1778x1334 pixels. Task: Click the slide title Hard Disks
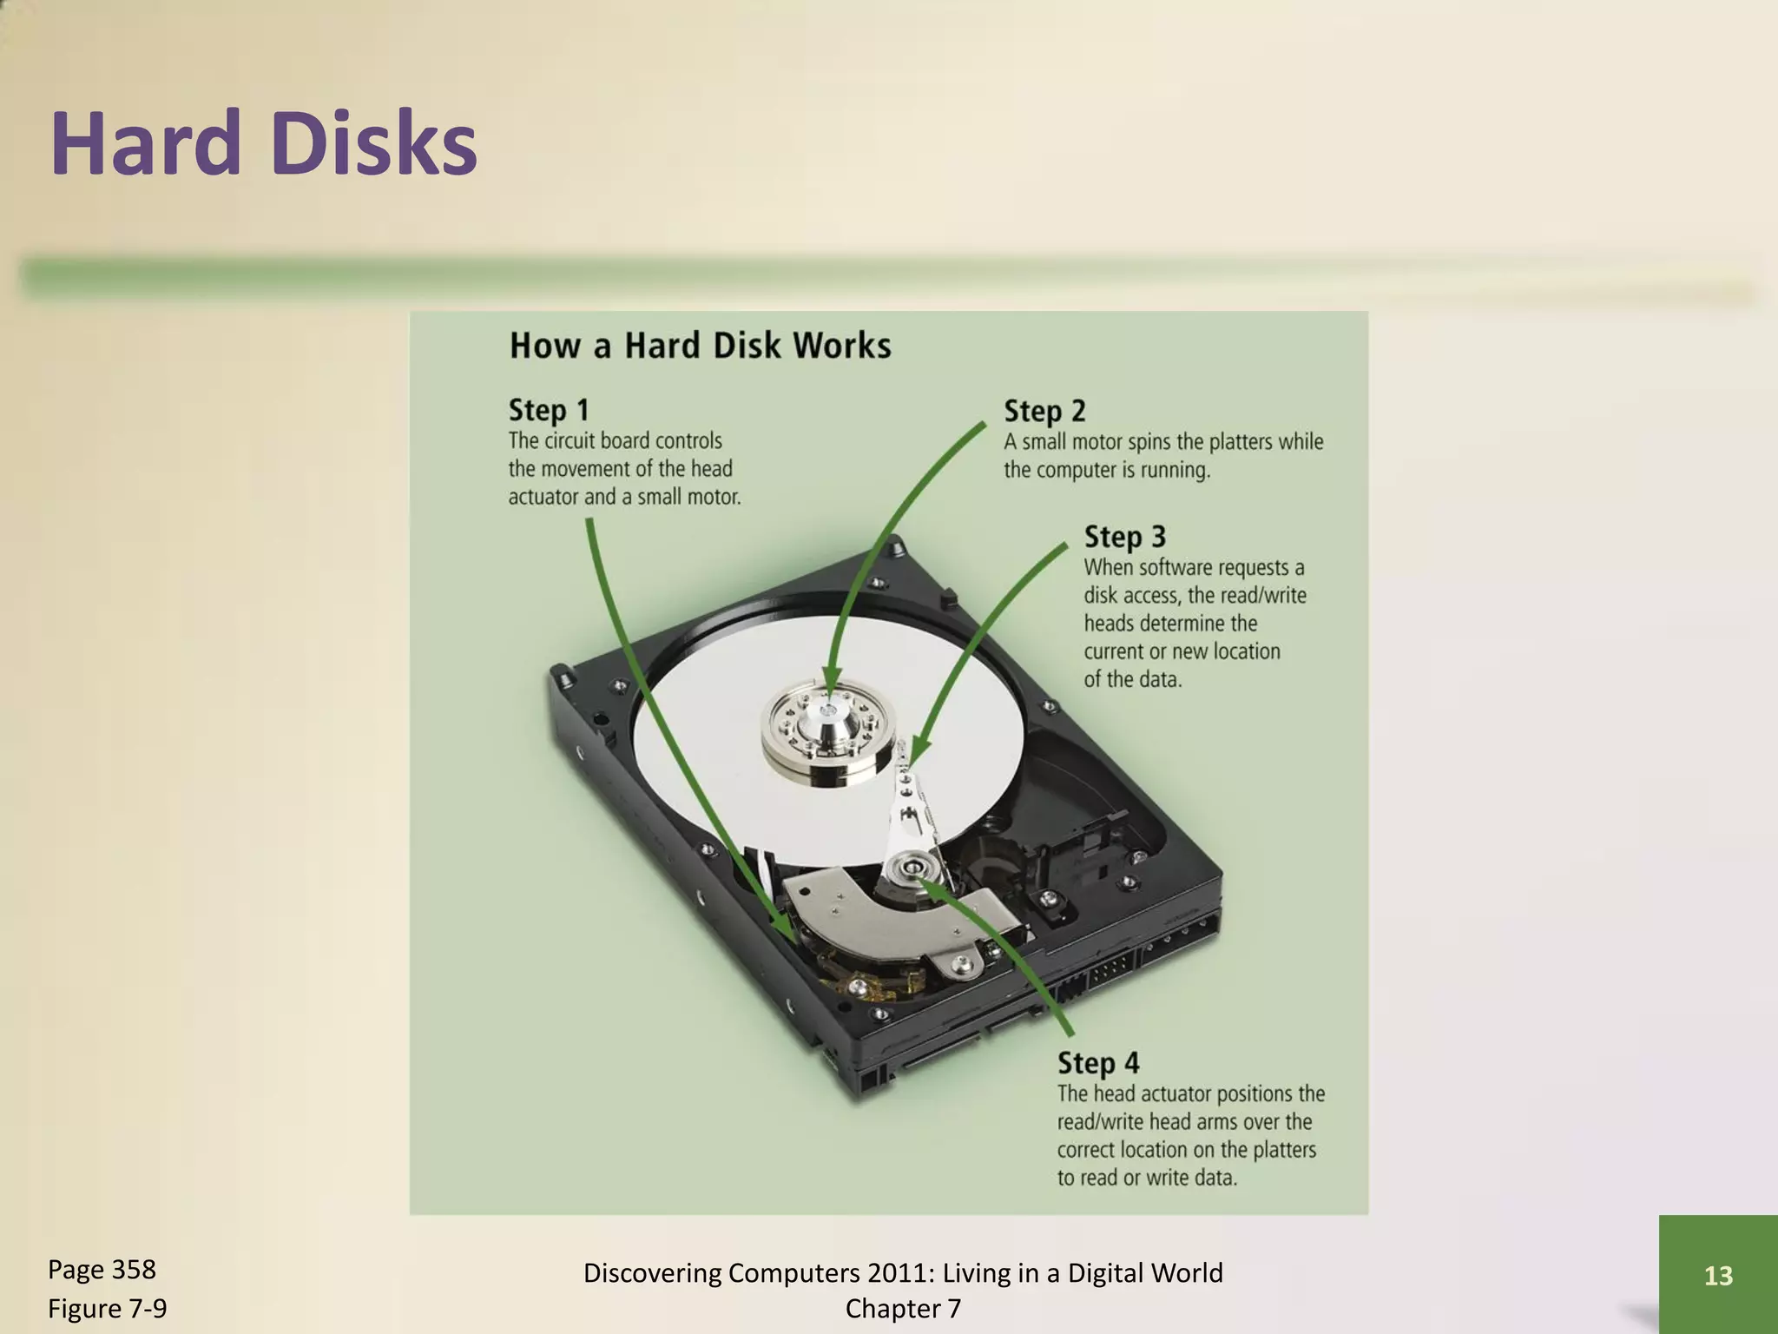(x=264, y=143)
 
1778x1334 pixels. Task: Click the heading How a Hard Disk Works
(x=700, y=346)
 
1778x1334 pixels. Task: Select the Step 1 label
(x=549, y=410)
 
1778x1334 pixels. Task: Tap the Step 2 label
(x=1044, y=411)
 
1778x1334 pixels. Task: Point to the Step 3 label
(x=1124, y=537)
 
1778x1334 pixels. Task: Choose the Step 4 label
(x=1097, y=1063)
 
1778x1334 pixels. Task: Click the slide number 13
(x=1718, y=1275)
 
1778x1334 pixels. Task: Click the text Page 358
(x=102, y=1269)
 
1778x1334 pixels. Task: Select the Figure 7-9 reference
(x=107, y=1308)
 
